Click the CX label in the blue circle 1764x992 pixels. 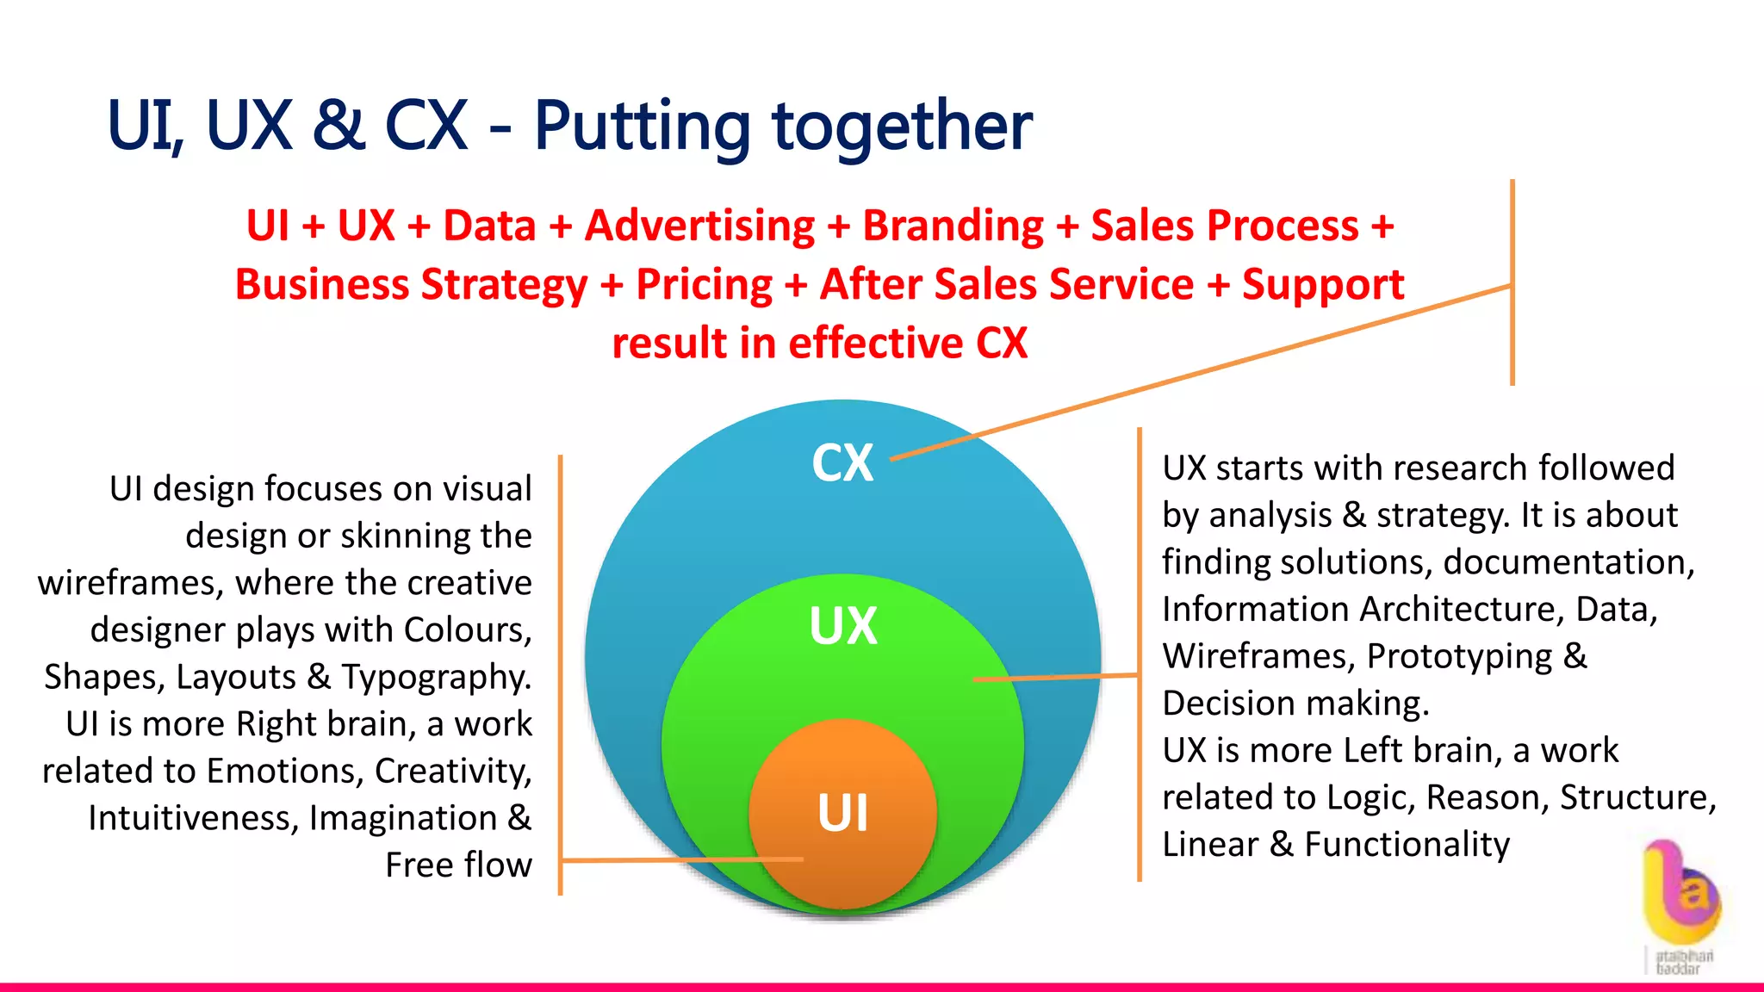[x=842, y=463]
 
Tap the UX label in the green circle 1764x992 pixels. [x=842, y=626]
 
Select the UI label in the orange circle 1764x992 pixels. [x=842, y=813]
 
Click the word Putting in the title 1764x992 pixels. [x=642, y=127]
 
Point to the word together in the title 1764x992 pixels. [x=902, y=127]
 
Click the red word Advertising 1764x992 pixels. [x=699, y=226]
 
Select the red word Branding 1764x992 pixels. [x=953, y=226]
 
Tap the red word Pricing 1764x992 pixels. [x=704, y=285]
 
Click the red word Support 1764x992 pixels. [x=1322, y=285]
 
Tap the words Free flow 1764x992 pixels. [x=458, y=865]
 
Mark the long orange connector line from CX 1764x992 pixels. [x=1206, y=370]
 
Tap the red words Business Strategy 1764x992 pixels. [x=411, y=285]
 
